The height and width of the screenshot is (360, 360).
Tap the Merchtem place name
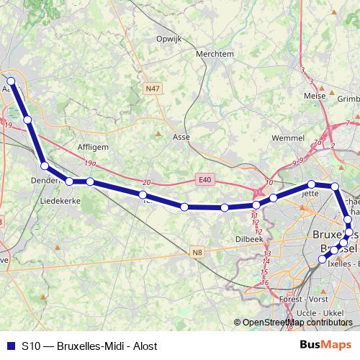[x=215, y=53]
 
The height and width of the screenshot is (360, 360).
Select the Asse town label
[x=181, y=135]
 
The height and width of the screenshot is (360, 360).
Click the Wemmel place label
[x=287, y=138]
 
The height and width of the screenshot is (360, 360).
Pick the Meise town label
[x=315, y=95]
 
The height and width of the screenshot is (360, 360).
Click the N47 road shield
[x=152, y=89]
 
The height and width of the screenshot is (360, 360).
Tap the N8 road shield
[x=199, y=252]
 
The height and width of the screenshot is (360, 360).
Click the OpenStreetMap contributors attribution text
[x=297, y=323]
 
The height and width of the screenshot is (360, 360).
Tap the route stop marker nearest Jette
[x=312, y=184]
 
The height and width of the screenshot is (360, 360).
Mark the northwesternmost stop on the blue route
[x=11, y=81]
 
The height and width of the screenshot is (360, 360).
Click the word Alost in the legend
[x=144, y=346]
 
